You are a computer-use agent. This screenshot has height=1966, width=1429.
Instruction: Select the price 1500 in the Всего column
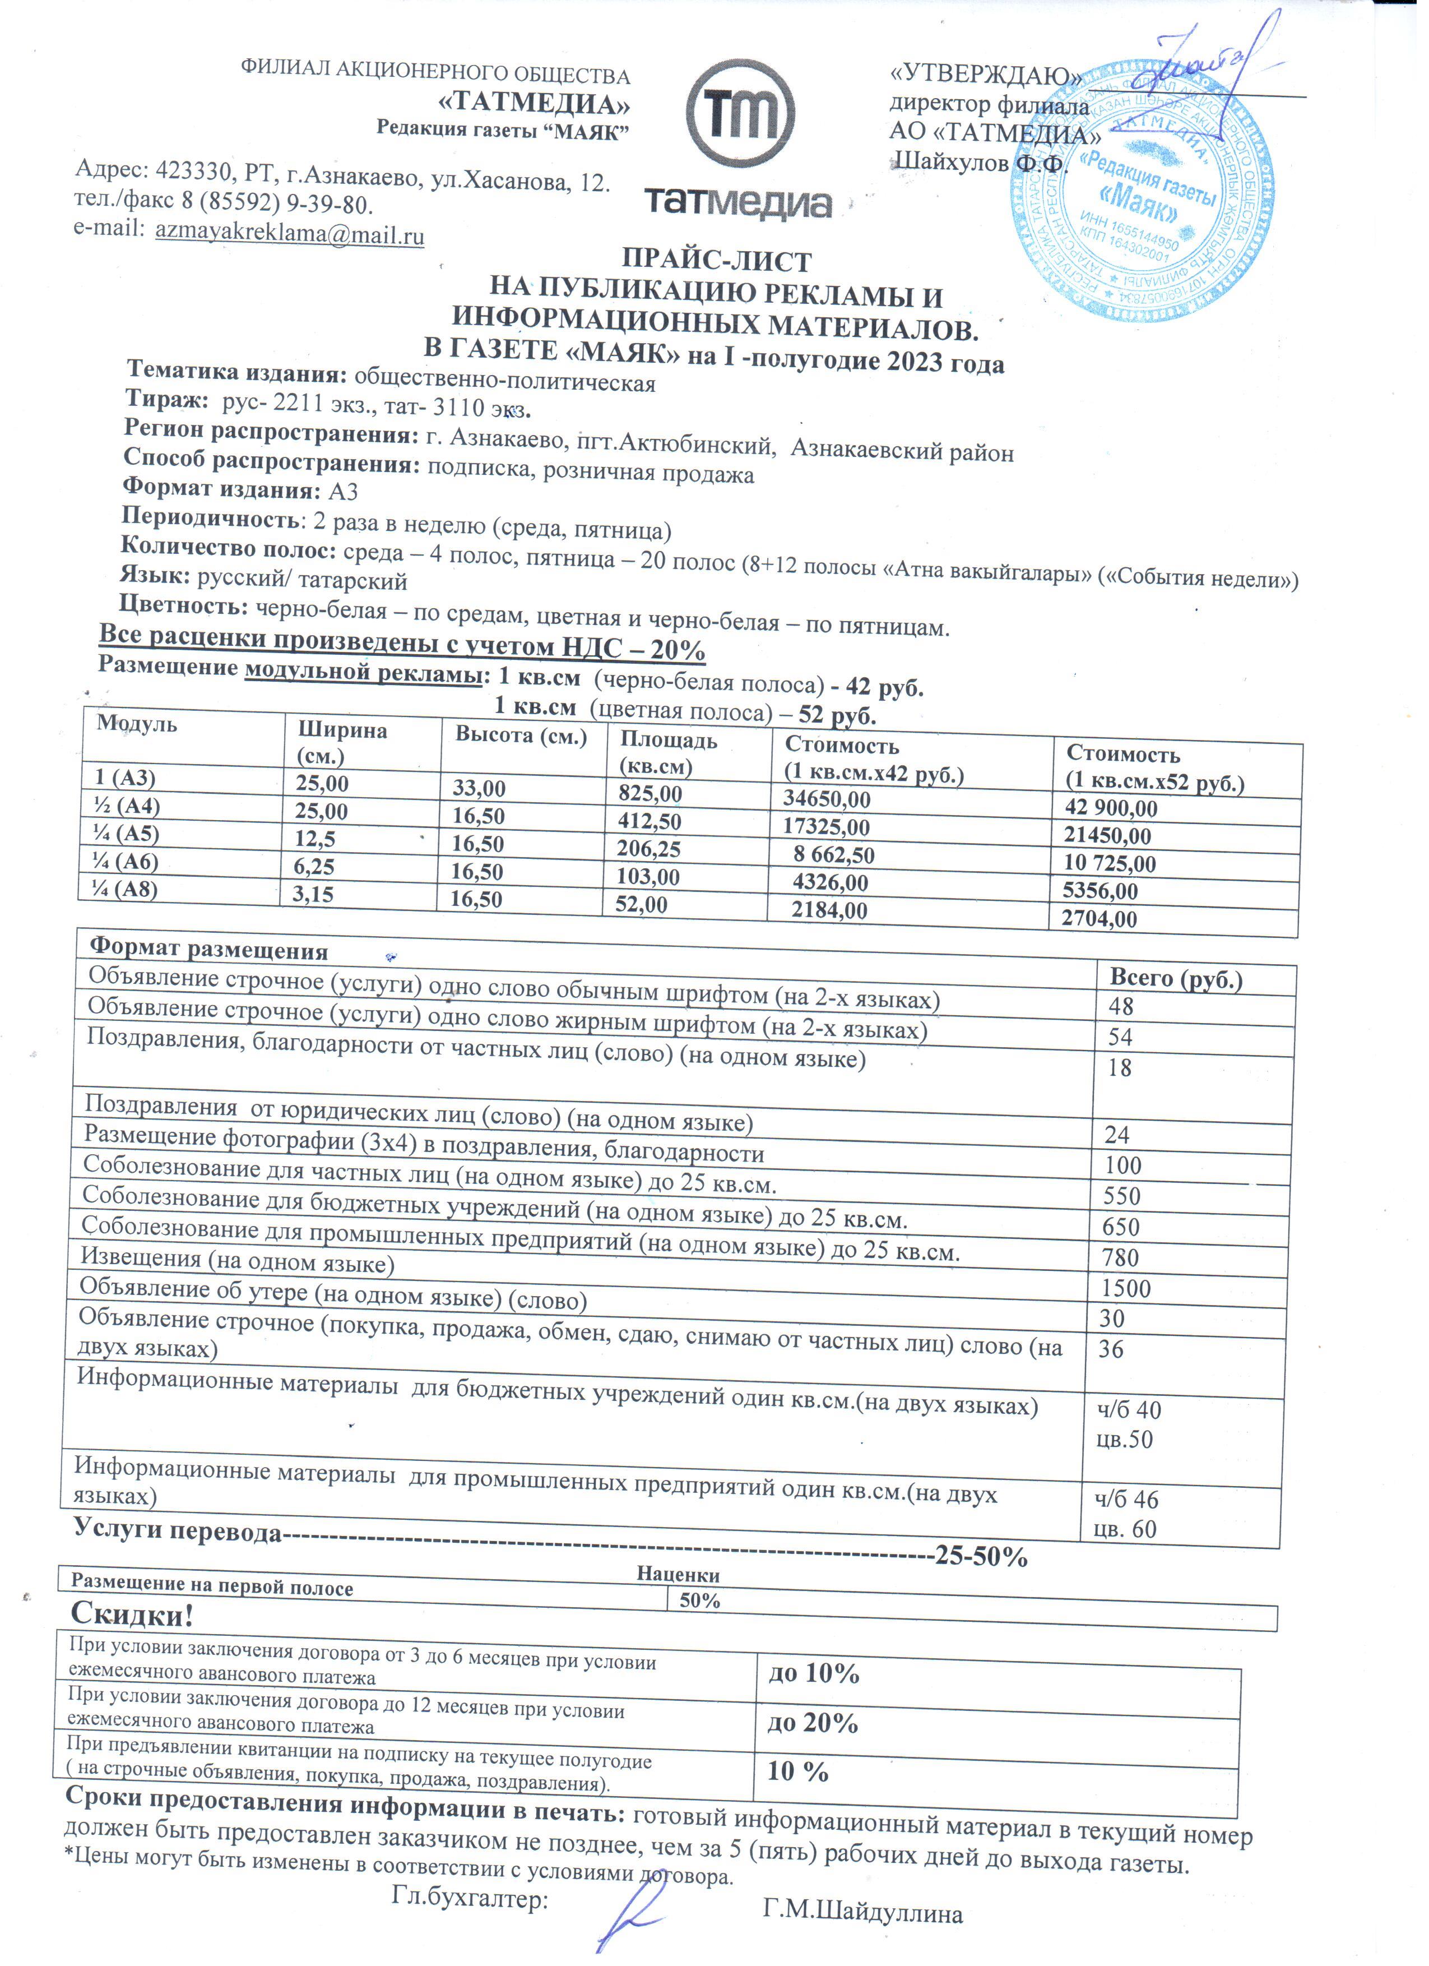pos(1126,1288)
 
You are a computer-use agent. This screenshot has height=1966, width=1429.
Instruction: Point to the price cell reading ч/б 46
pos(1126,1499)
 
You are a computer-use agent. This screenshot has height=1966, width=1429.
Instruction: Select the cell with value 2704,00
pos(1099,919)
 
